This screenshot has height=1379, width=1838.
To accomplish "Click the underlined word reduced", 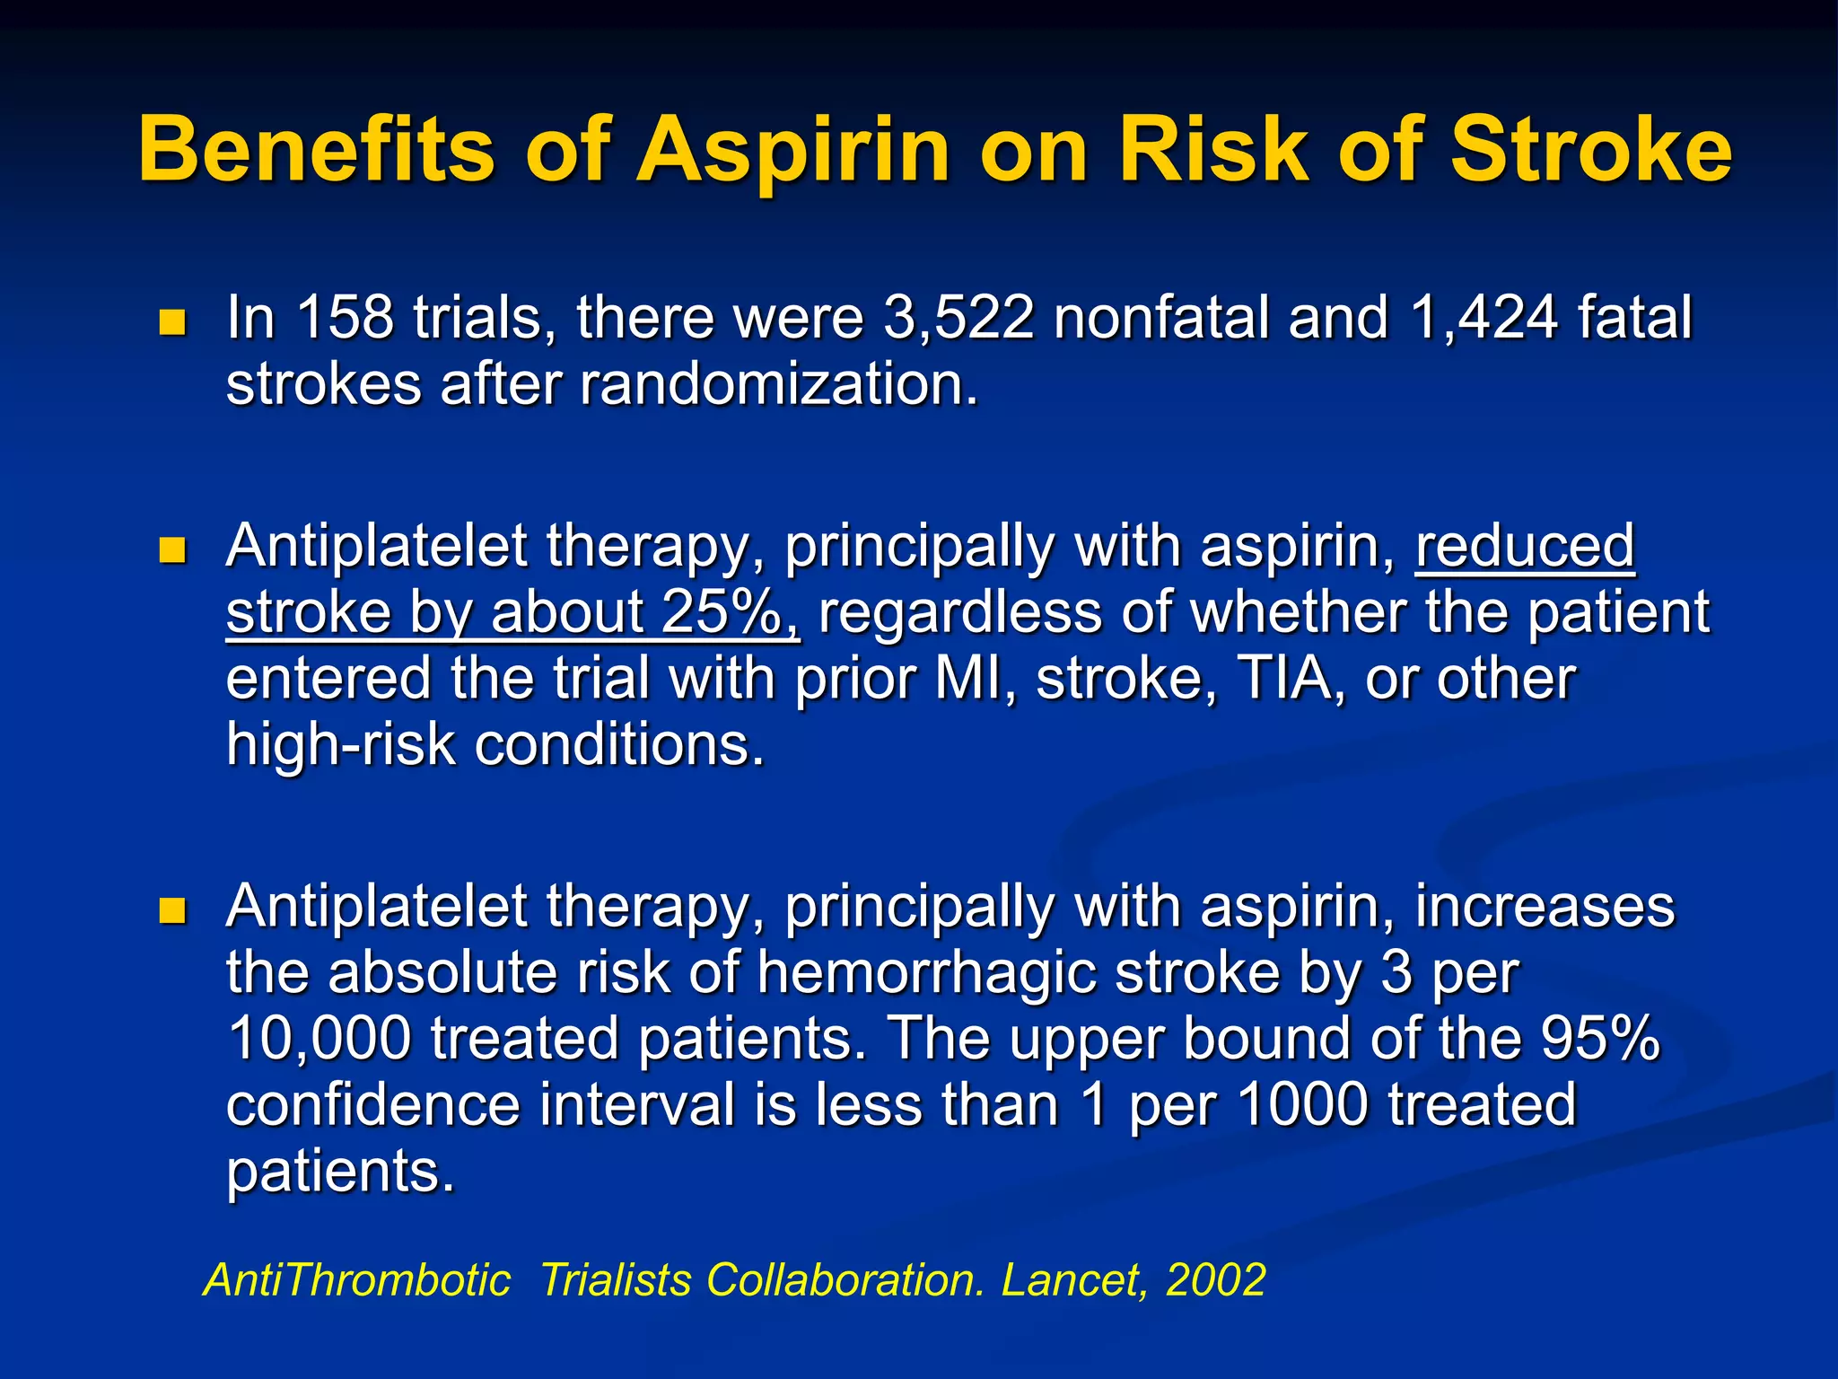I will pos(1525,546).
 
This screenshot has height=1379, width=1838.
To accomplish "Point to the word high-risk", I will pos(340,745).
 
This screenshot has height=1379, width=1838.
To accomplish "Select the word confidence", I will pos(373,1105).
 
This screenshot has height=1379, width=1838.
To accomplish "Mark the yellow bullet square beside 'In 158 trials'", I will pos(171,322).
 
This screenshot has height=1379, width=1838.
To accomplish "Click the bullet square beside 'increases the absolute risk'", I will pos(171,911).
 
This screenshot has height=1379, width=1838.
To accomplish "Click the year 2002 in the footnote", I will pos(1215,1279).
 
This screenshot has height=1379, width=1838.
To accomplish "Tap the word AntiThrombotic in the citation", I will pos(357,1279).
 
